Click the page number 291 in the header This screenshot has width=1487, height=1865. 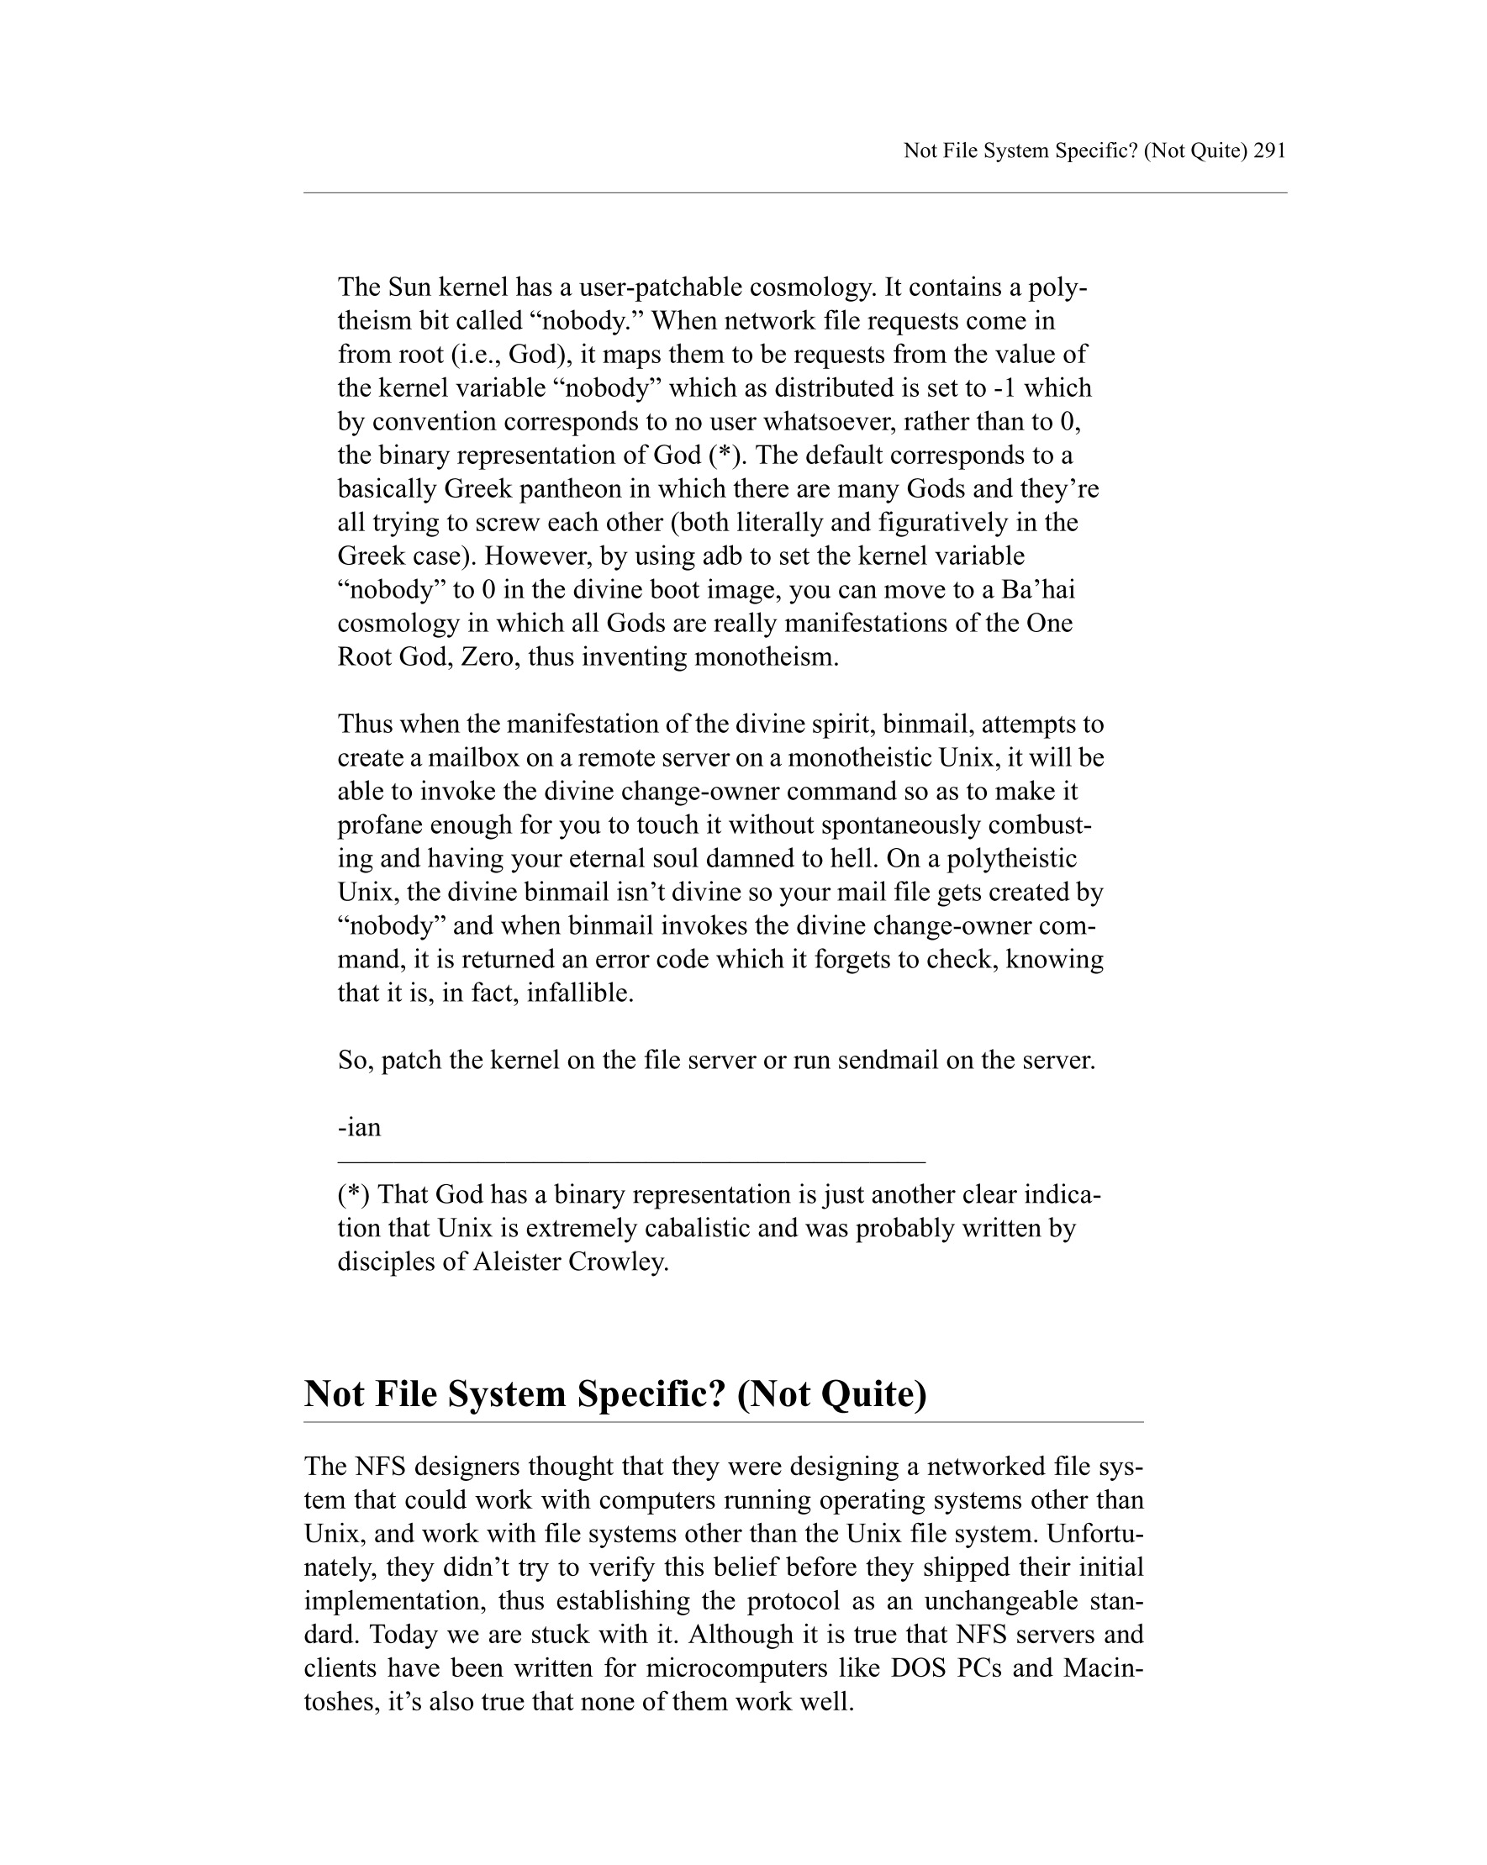tap(1269, 150)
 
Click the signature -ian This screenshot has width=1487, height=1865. tap(359, 1127)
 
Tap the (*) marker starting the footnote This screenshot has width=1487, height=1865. tap(354, 1194)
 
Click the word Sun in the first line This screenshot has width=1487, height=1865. tap(409, 287)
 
